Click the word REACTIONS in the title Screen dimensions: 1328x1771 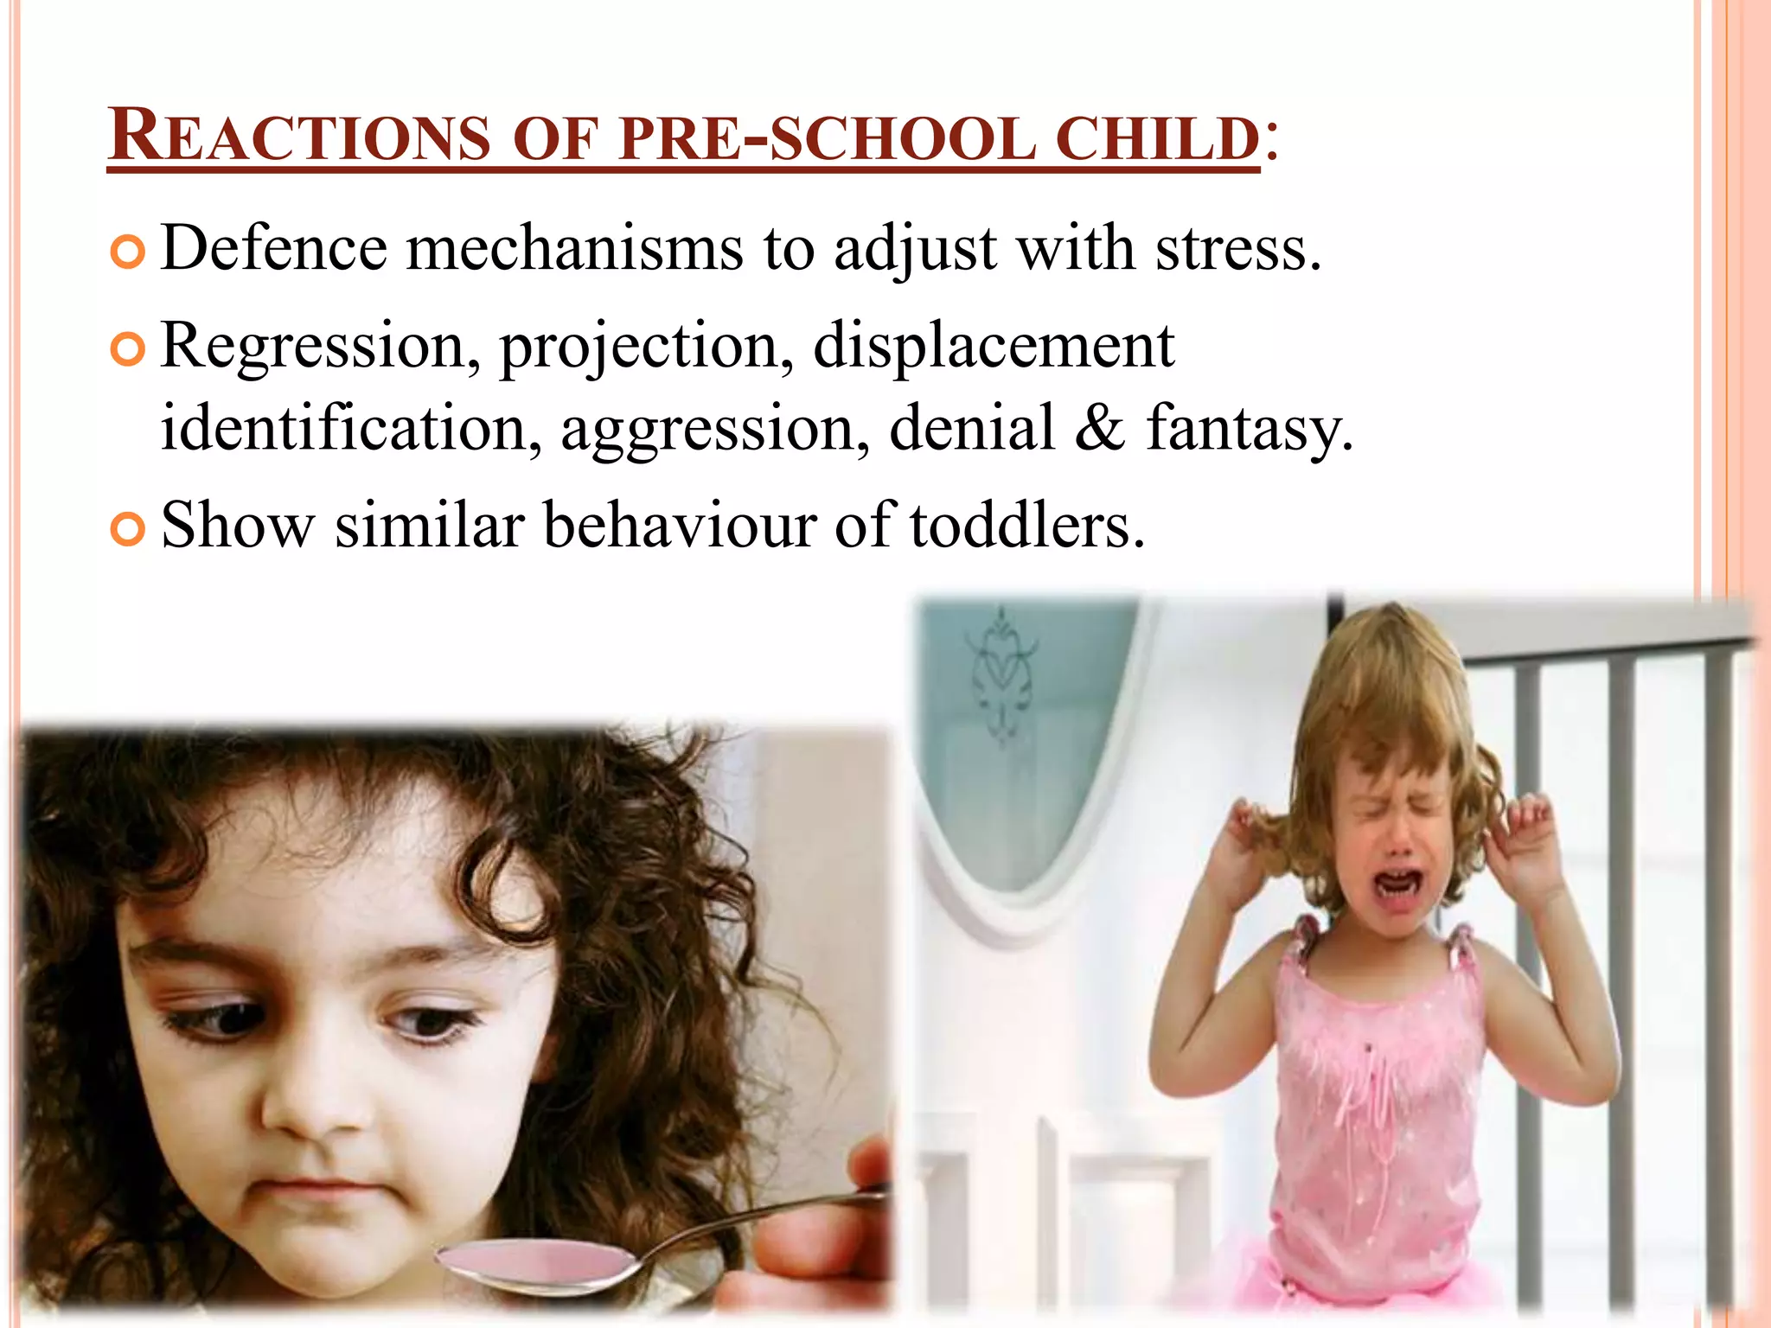(299, 137)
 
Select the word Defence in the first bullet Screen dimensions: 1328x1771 (274, 249)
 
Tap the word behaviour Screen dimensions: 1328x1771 (679, 525)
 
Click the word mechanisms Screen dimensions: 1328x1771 (574, 249)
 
